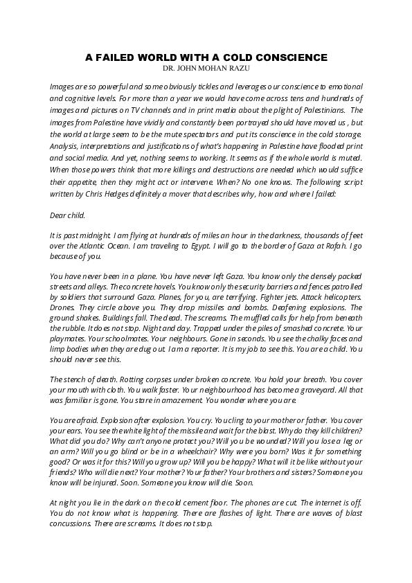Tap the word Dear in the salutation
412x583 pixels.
[59, 215]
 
